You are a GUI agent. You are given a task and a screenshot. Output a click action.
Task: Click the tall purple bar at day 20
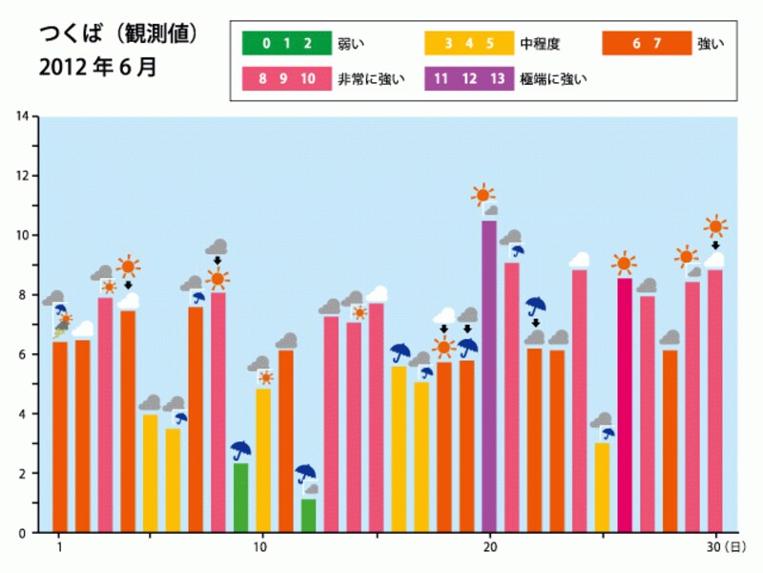tap(489, 376)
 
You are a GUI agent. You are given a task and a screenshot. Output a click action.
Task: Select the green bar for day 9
tap(241, 498)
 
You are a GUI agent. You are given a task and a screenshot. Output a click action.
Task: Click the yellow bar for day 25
tap(602, 487)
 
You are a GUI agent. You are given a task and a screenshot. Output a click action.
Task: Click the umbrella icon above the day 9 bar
tap(241, 449)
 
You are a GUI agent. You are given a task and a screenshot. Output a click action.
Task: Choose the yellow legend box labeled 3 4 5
tap(461, 44)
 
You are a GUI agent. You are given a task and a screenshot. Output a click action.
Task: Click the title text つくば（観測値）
tap(118, 35)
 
